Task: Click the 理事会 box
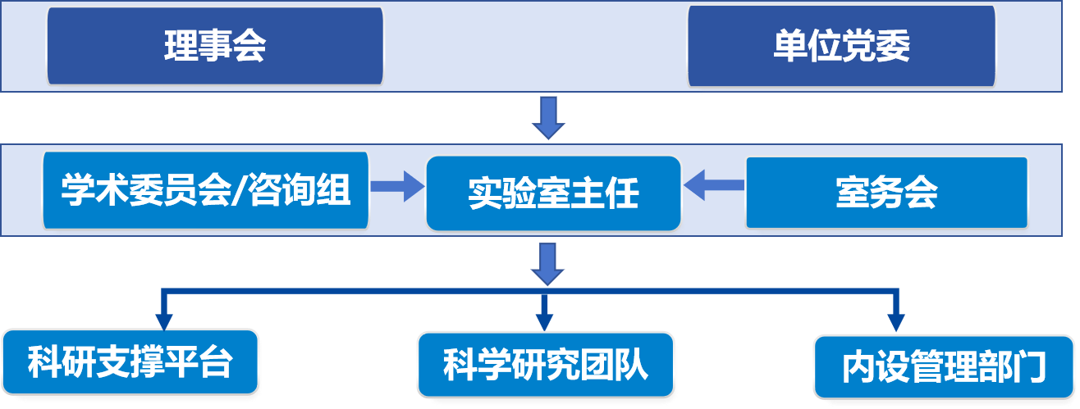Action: (x=215, y=46)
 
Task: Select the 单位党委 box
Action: (x=841, y=46)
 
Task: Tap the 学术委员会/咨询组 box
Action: (x=206, y=192)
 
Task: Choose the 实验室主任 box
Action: (x=553, y=193)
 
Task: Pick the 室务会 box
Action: (x=886, y=193)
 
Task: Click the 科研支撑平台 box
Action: (x=130, y=361)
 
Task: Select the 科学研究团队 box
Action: (x=546, y=364)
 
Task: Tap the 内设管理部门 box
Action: (x=945, y=366)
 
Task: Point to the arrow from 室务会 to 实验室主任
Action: (x=714, y=185)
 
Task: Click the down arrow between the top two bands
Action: (x=547, y=117)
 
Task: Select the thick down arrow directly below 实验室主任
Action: (x=547, y=261)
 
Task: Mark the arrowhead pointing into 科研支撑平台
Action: (x=164, y=320)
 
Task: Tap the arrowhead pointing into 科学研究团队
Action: (x=542, y=320)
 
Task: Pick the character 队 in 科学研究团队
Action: (x=632, y=364)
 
